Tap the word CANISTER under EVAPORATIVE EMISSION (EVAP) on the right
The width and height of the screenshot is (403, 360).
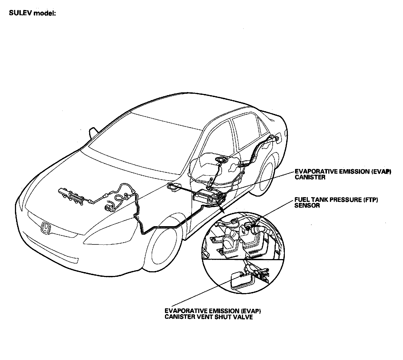(x=310, y=178)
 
